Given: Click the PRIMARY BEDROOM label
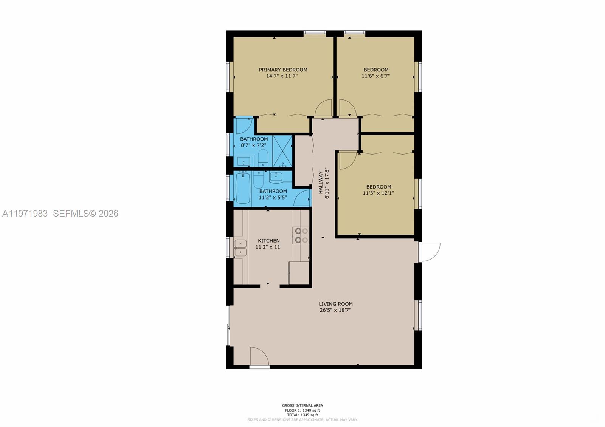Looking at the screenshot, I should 283,70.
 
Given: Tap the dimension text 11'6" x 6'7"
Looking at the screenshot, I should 375,76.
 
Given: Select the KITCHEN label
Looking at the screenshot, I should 268,241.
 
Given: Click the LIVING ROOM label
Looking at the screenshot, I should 335,304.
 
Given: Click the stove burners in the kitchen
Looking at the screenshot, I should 301,235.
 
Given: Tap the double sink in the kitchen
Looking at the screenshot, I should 240,248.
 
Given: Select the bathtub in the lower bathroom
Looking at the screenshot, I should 242,188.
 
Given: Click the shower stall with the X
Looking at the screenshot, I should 282,151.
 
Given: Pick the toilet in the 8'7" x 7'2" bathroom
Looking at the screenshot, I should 263,158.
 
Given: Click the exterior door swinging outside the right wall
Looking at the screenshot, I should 430,252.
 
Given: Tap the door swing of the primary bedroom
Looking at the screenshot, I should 324,108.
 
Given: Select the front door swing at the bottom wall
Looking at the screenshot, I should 259,356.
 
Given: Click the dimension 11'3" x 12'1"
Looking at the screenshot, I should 378,193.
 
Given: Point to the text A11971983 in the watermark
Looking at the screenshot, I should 25,213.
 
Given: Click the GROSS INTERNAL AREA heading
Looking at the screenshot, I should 302,405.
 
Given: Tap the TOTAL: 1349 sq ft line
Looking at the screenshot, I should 302,415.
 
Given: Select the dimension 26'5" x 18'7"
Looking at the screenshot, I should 335,310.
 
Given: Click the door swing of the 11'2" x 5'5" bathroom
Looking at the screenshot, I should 302,198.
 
